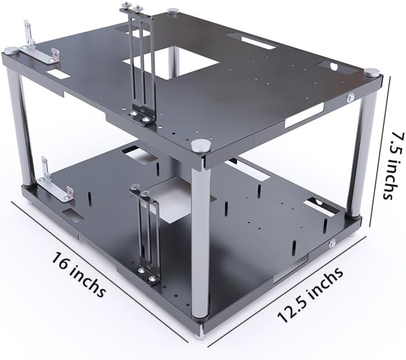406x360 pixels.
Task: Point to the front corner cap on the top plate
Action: pos(201,146)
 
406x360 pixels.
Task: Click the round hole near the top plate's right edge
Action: pos(334,67)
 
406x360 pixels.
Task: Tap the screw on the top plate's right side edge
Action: pos(351,98)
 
